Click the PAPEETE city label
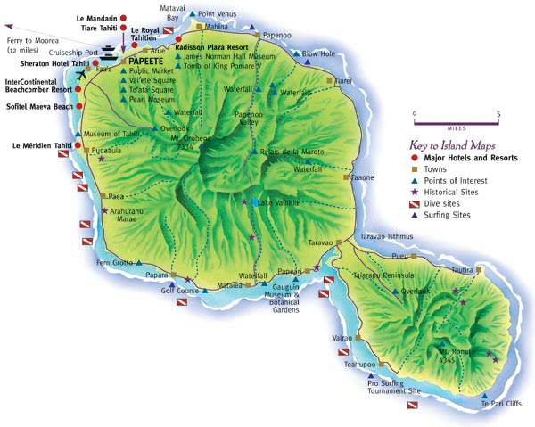(x=157, y=60)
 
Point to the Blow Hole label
(x=318, y=53)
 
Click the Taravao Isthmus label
(x=385, y=236)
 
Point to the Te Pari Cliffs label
(x=500, y=404)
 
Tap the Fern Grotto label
(x=113, y=262)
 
